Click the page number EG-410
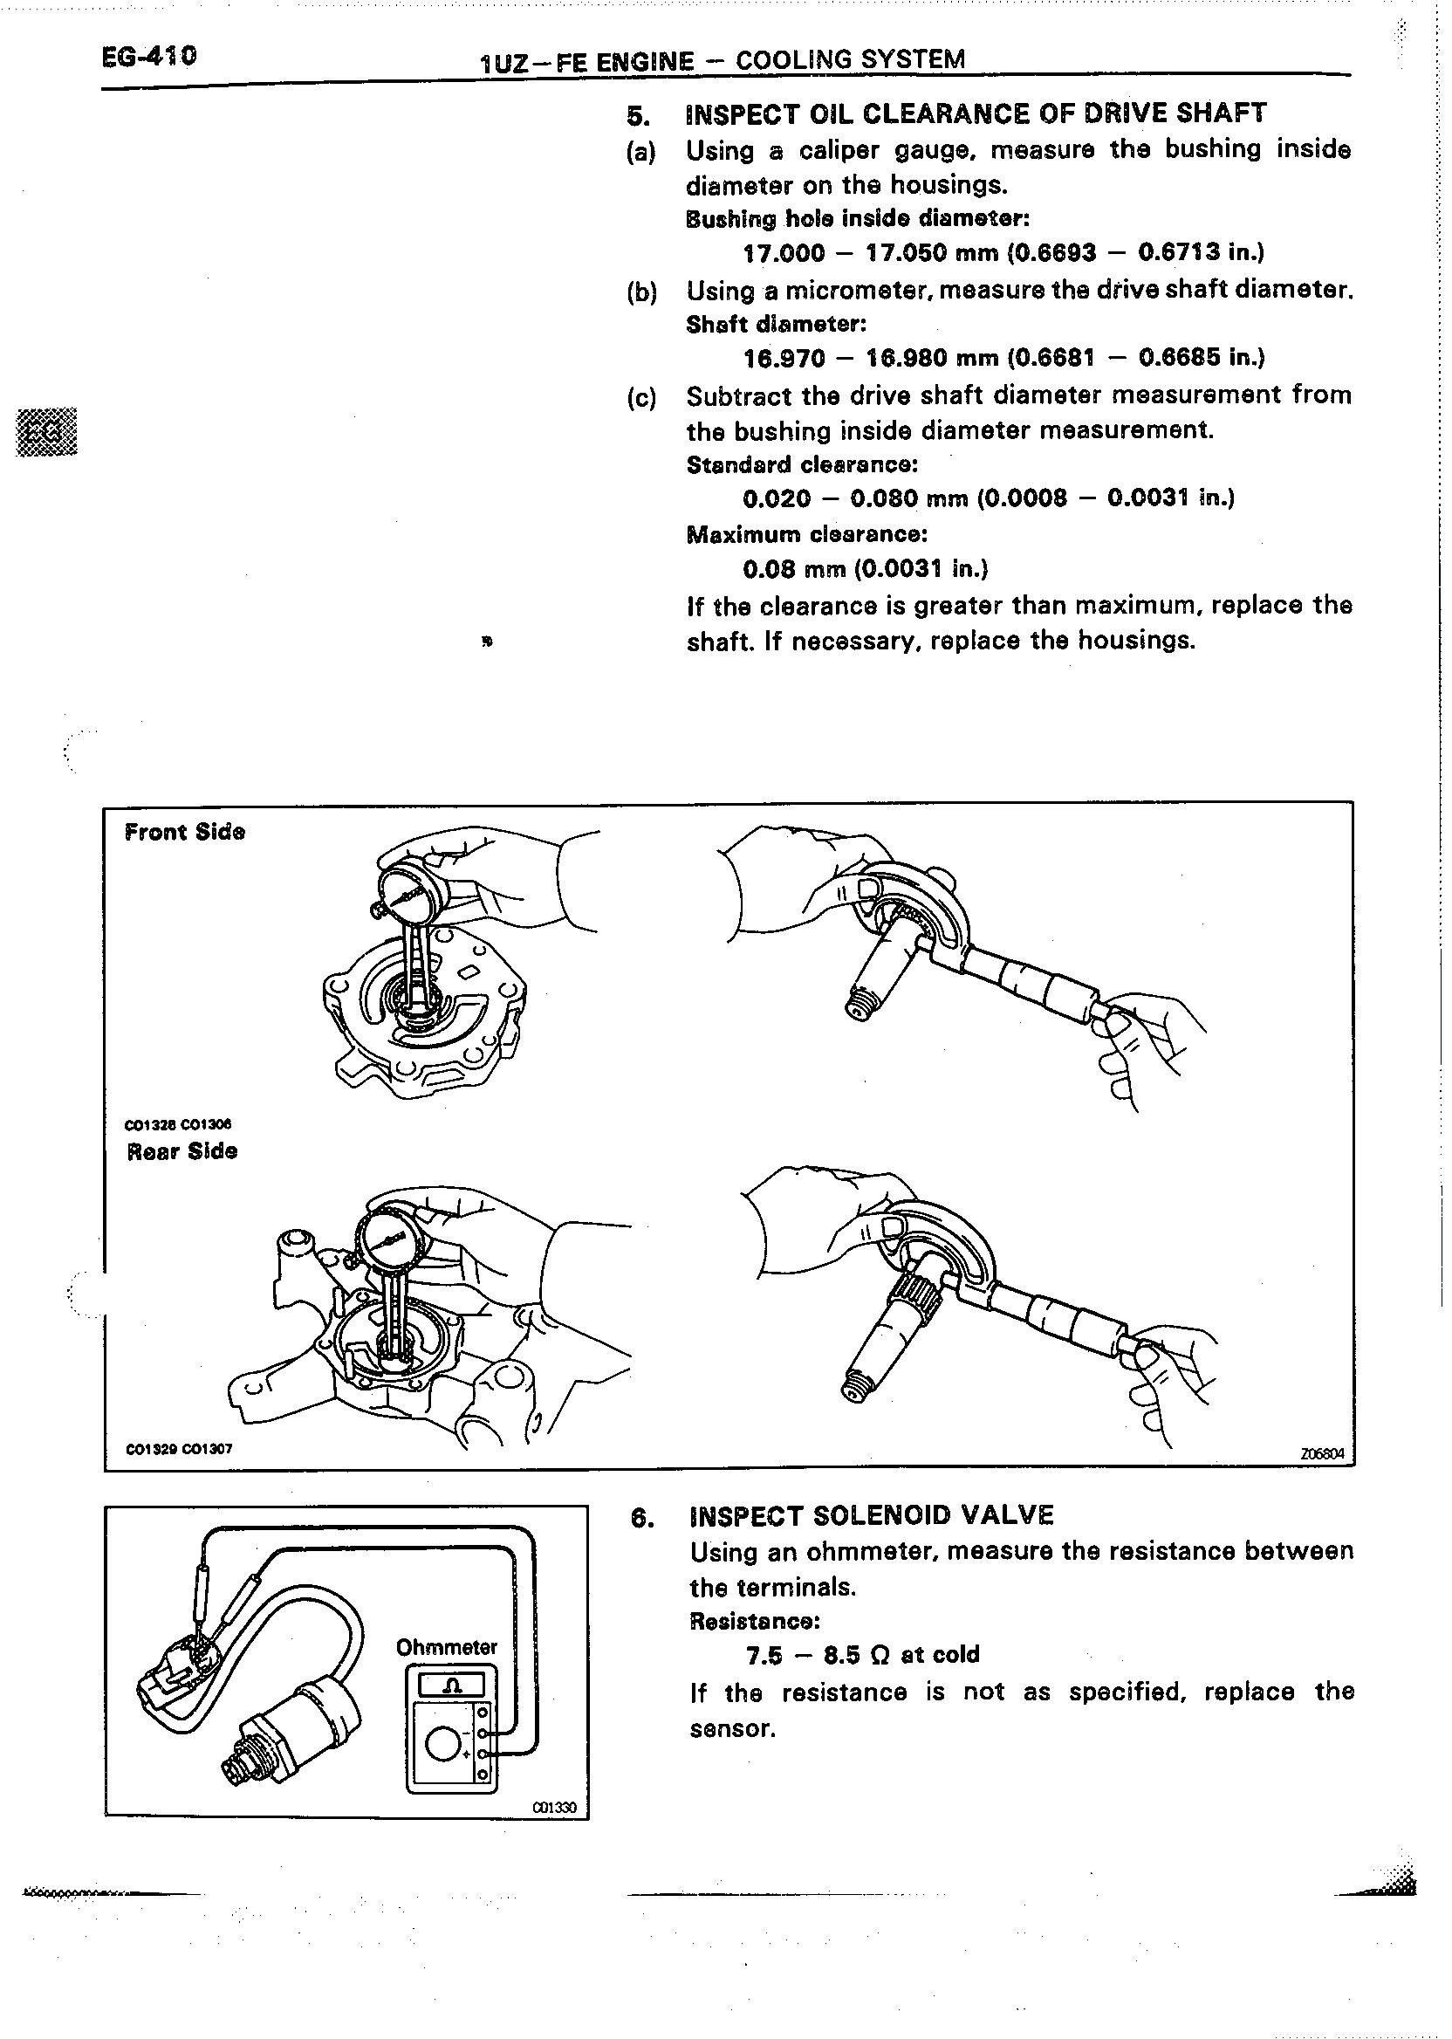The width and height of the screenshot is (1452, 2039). pyautogui.click(x=148, y=57)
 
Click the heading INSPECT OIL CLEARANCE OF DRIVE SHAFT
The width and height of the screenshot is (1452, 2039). pyautogui.click(x=976, y=113)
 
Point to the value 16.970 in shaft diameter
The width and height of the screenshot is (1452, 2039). pyautogui.click(x=784, y=358)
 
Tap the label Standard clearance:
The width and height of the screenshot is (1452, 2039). pyautogui.click(x=802, y=465)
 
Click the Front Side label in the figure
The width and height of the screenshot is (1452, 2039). pyautogui.click(x=185, y=832)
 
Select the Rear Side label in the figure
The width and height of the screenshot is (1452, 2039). pyautogui.click(x=182, y=1151)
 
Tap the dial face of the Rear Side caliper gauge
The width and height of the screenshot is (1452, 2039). pyautogui.click(x=390, y=1240)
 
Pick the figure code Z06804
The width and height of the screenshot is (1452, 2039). pyautogui.click(x=1321, y=1453)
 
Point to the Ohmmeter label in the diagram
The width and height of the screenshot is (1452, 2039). pyautogui.click(x=446, y=1646)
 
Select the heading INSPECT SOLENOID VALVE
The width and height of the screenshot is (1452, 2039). pyautogui.click(x=872, y=1515)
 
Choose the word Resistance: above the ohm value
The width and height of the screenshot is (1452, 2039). pyautogui.click(x=754, y=1621)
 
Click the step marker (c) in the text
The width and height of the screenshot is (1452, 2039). pyautogui.click(x=641, y=397)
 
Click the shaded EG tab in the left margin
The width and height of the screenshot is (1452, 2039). pyautogui.click(x=46, y=433)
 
